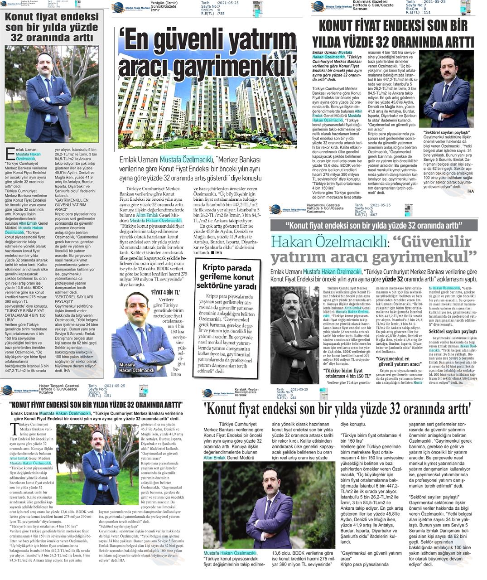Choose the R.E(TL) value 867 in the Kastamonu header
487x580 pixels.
pyautogui.click(x=373, y=215)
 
